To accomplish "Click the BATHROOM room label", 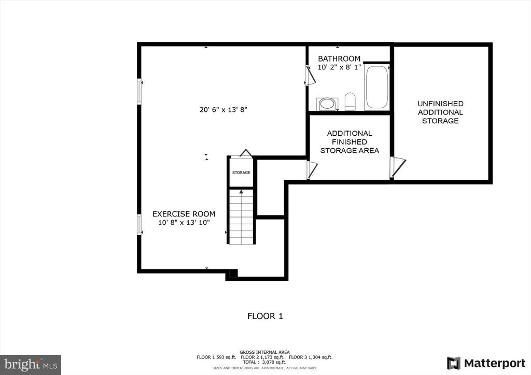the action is [x=339, y=59].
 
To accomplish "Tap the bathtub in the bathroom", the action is [x=376, y=87].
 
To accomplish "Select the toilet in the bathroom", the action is [x=350, y=102].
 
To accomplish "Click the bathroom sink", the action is [x=327, y=104].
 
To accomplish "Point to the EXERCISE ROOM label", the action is [x=184, y=214].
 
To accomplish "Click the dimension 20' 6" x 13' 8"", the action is [x=223, y=110].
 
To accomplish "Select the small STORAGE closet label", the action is [x=241, y=172].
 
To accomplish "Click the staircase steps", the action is [x=241, y=217].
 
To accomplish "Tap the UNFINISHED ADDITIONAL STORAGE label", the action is [x=440, y=112].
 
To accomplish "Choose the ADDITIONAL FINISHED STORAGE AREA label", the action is [x=350, y=142].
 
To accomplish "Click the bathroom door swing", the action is [x=311, y=75].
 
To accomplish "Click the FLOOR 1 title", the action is [x=265, y=316].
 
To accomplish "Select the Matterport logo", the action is [x=486, y=363].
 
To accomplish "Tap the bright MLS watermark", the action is [x=31, y=365].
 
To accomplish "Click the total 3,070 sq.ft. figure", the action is [x=264, y=362].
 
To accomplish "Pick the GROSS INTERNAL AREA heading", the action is [x=264, y=352].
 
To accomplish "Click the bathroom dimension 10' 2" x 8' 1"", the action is [x=339, y=67].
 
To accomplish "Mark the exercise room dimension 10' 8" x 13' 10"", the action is [x=184, y=223].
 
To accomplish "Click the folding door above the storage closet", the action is [x=245, y=153].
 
